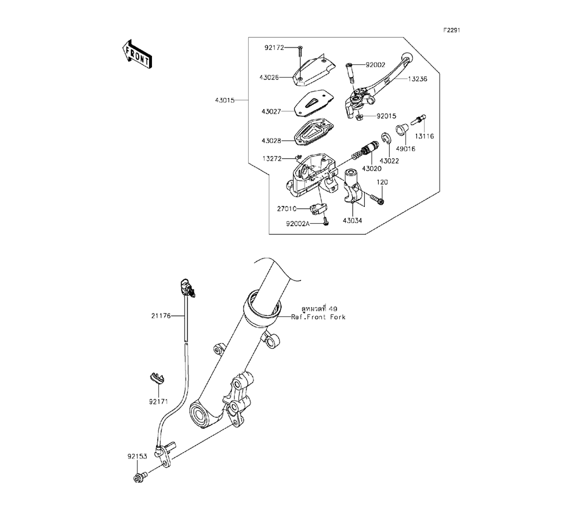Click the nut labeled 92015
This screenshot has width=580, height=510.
[x=360, y=116]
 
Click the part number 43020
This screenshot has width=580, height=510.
[x=372, y=168]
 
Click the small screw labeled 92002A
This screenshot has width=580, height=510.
[x=326, y=221]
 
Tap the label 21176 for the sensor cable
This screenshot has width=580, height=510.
[x=162, y=316]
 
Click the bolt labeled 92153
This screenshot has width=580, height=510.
[x=139, y=478]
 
